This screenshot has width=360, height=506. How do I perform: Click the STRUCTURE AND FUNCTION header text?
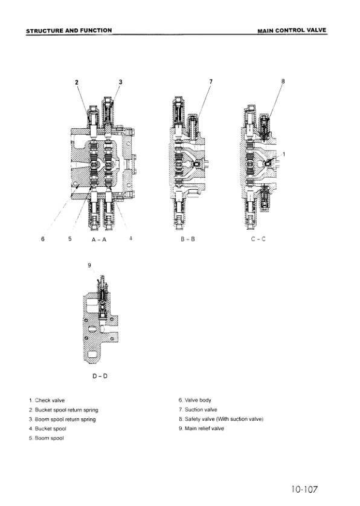(x=69, y=31)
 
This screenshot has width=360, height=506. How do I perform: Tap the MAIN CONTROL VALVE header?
(x=292, y=31)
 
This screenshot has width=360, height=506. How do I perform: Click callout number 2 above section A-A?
(x=77, y=82)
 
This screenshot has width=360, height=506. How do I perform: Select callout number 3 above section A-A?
(x=121, y=82)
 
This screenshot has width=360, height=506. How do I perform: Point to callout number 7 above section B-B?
(x=211, y=82)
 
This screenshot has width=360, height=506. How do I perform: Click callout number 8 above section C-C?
(x=283, y=81)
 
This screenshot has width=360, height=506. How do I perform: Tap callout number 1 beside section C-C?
(x=284, y=154)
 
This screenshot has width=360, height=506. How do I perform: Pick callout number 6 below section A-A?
(x=42, y=239)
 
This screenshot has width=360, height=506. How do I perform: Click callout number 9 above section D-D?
(x=89, y=265)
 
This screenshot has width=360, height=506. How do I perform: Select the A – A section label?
(x=99, y=239)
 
